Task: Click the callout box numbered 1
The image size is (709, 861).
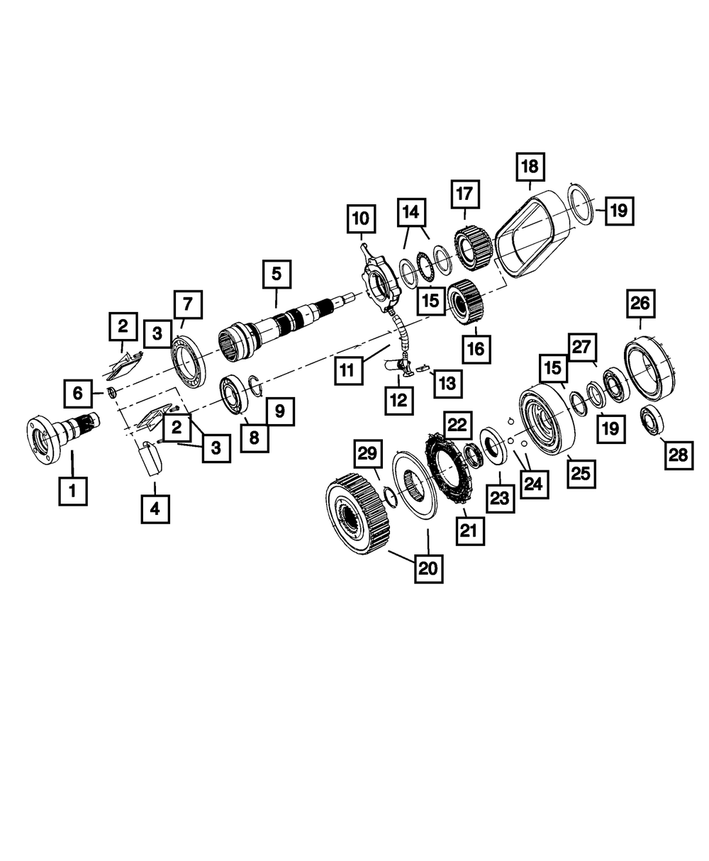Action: coord(72,491)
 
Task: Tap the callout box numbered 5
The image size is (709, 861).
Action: coord(277,274)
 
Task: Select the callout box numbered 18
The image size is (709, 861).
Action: coord(530,167)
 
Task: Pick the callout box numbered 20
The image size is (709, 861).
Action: coord(429,569)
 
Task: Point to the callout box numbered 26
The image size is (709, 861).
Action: coord(640,304)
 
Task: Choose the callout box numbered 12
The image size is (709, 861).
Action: coord(398,400)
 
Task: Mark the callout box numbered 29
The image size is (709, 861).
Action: coord(368,454)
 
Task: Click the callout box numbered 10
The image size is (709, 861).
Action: coord(361,218)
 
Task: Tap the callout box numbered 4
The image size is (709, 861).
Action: coord(155,509)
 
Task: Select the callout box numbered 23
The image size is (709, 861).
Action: coord(501,499)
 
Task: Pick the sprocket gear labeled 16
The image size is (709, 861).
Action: coord(466,302)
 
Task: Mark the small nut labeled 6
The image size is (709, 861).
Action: coord(112,393)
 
